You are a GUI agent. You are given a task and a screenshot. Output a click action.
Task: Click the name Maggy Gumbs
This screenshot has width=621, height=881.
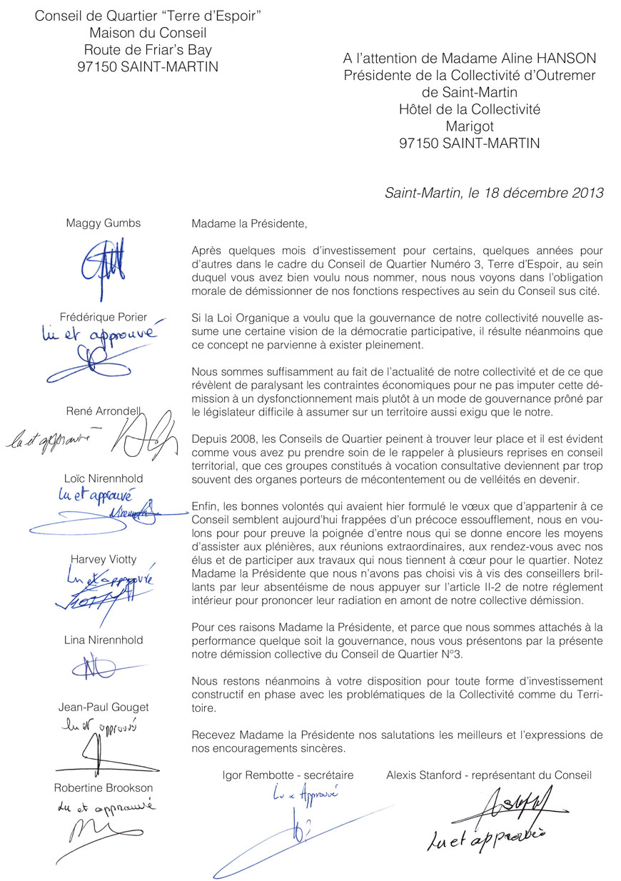[x=103, y=223]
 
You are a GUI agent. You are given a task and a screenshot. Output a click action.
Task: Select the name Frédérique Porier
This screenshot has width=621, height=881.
[x=103, y=317]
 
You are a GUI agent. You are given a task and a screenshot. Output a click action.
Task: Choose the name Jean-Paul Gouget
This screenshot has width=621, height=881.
[x=103, y=708]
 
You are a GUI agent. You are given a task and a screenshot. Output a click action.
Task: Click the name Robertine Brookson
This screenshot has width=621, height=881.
[x=103, y=788]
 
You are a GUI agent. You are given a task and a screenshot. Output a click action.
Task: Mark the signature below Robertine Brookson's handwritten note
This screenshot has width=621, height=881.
[x=93, y=832]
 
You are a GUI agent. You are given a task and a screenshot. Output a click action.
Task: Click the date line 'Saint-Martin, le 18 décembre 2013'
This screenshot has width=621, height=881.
[x=494, y=193]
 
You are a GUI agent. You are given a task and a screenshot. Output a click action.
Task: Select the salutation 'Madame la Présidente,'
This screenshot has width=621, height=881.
[x=249, y=223]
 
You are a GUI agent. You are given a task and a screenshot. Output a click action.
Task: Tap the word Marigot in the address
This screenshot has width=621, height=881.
[x=469, y=126]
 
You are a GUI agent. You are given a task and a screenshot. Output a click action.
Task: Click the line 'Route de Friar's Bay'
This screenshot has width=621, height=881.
[x=148, y=50]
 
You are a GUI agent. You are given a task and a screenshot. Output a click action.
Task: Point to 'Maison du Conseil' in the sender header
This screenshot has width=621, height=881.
[x=148, y=33]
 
